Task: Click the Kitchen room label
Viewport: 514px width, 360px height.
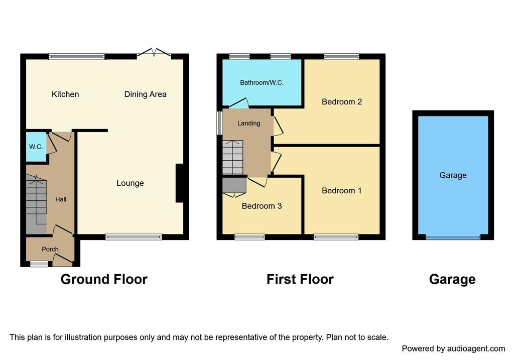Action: [65, 94]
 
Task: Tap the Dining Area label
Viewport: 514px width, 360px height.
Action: [145, 94]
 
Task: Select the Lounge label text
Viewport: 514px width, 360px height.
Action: [130, 183]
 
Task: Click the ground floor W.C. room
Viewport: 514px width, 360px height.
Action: [36, 147]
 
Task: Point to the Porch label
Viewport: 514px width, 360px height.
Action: [50, 249]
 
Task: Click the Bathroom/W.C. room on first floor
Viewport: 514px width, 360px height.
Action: [262, 83]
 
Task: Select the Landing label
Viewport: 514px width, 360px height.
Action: [249, 124]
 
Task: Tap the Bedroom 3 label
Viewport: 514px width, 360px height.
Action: [262, 206]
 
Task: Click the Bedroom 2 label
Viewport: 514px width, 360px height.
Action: [341, 101]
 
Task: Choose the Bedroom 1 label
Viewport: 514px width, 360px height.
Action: [341, 190]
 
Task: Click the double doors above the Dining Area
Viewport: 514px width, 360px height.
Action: [154, 53]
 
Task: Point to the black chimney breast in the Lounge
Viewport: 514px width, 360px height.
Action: [180, 183]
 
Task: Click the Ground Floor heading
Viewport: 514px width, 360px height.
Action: [104, 279]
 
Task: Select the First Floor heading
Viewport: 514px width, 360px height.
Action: [300, 279]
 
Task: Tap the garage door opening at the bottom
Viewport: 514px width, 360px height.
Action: [453, 237]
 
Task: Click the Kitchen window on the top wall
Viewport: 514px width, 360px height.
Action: [77, 57]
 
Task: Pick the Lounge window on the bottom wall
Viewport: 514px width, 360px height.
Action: [134, 236]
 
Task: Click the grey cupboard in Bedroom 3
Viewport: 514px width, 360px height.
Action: [234, 185]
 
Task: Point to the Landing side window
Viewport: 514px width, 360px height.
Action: [220, 123]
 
